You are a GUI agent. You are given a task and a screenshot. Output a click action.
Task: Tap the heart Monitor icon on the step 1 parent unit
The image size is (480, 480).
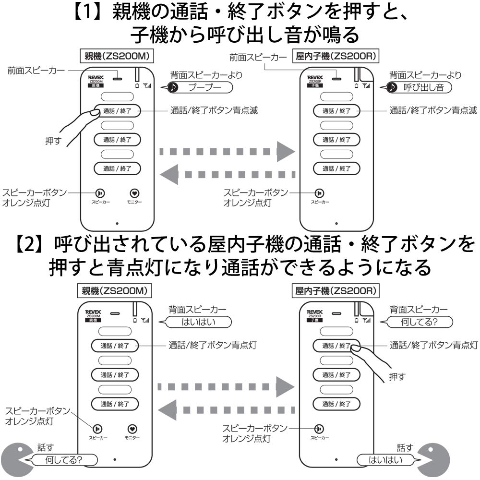click(x=135, y=193)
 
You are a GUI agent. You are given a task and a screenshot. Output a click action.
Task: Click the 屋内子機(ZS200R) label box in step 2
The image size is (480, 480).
click(x=336, y=291)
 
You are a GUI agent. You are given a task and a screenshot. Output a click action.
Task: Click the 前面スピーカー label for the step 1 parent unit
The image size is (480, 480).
click(x=36, y=71)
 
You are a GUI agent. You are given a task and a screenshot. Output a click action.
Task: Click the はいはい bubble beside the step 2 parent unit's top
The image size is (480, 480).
click(x=197, y=322)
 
